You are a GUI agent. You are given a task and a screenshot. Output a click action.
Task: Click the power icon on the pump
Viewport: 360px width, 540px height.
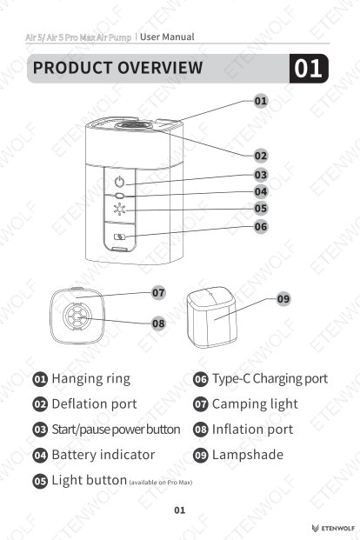[119, 182]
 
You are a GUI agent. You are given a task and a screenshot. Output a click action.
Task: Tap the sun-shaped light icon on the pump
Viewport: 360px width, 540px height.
[119, 209]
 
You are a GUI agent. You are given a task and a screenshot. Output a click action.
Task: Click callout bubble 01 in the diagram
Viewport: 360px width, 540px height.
[261, 101]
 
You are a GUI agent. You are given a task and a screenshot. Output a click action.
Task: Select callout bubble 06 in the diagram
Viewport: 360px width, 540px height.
[261, 227]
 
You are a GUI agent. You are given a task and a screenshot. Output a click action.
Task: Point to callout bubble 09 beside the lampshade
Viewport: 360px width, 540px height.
[283, 298]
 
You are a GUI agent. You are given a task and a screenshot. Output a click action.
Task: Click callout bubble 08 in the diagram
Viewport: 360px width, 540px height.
[158, 323]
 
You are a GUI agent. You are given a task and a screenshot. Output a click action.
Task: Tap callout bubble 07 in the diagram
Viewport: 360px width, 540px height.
[158, 293]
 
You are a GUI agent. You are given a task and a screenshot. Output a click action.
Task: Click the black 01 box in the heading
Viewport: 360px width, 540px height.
[309, 69]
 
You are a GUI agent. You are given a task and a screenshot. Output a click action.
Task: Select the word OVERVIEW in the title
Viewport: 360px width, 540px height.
[160, 68]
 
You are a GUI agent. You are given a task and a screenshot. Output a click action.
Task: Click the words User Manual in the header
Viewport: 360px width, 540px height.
[167, 37]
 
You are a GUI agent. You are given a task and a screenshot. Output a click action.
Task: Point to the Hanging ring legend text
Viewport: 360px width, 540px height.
[91, 378]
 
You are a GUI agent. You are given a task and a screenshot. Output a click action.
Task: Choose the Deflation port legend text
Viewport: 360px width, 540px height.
[94, 404]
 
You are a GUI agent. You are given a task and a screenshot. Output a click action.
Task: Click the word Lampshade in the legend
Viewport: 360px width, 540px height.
[248, 455]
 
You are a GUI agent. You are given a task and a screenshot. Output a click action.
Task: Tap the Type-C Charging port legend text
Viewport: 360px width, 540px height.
[270, 378]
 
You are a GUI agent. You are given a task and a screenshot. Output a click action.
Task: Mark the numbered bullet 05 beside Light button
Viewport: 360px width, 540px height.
[40, 481]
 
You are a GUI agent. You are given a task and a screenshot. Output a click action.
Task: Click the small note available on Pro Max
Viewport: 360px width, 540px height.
[161, 483]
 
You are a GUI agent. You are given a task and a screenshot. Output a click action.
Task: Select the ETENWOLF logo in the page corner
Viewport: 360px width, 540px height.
[333, 529]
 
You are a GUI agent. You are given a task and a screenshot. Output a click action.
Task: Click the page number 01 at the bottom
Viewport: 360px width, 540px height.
[179, 510]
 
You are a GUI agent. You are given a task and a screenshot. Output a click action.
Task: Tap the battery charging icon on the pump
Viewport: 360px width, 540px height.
[119, 237]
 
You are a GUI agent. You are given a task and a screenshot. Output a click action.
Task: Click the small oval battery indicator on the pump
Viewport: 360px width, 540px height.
[119, 196]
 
